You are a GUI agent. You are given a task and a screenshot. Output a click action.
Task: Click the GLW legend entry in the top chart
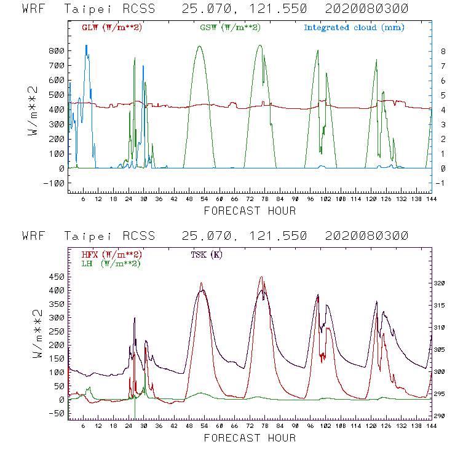(112, 28)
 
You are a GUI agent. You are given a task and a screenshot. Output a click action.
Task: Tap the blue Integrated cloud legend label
(354, 28)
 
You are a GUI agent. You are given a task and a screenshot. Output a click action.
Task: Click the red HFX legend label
(111, 255)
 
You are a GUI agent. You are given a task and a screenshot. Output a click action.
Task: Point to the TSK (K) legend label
(207, 255)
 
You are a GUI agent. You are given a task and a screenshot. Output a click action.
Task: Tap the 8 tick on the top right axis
(435, 50)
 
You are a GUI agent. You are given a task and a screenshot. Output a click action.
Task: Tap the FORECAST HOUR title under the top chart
(250, 211)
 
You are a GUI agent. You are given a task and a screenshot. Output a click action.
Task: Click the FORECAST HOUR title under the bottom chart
(250, 438)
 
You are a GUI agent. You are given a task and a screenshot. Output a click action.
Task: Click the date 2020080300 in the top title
(366, 9)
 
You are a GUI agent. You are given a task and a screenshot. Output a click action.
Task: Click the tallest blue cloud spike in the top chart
(87, 46)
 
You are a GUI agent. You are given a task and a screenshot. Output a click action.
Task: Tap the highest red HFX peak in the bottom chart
(261, 277)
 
